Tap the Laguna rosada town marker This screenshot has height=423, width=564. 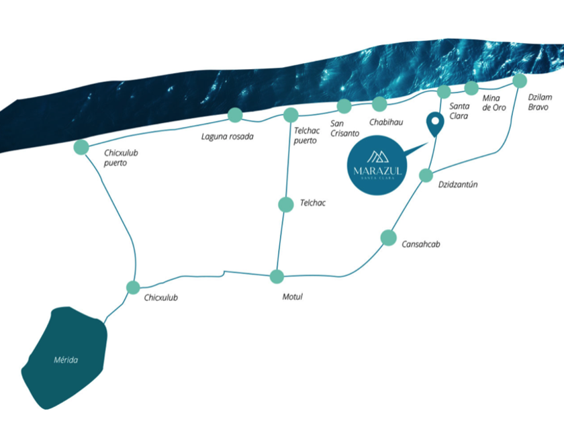click(235, 115)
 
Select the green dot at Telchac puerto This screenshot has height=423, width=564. click(291, 115)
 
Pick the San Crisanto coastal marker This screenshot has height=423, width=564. click(344, 105)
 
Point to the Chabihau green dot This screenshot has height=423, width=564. click(379, 103)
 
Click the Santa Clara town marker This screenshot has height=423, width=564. click(444, 92)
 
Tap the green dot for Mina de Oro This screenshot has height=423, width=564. click(471, 88)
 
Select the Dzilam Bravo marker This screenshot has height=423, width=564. click(520, 81)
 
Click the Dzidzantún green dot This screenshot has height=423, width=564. click(426, 176)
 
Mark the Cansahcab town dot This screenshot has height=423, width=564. click(388, 237)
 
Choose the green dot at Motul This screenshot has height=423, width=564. click(277, 276)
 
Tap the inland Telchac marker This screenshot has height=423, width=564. click(286, 204)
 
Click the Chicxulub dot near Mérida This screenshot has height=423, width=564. click(133, 287)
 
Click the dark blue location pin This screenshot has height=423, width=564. click(435, 124)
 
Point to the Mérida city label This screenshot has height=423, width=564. click(66, 360)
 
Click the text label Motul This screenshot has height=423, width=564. click(293, 297)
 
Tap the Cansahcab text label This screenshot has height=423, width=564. click(421, 244)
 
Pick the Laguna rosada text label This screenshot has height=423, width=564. click(228, 137)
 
